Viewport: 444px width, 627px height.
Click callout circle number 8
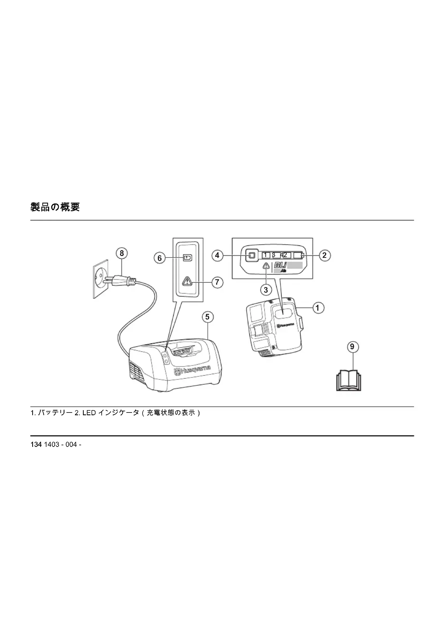tap(122, 253)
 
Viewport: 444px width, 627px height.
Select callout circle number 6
tap(160, 258)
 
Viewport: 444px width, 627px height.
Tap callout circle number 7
tap(217, 281)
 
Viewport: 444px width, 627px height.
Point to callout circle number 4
tap(217, 255)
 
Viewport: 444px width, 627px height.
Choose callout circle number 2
tap(325, 255)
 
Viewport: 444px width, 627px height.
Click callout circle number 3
tap(266, 290)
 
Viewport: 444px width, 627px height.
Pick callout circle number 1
tap(318, 308)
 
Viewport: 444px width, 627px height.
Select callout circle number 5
tap(207, 317)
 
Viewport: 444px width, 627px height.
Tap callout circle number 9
tap(352, 347)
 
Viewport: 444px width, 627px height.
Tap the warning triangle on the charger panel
tap(187, 281)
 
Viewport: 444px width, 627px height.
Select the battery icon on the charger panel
tap(188, 258)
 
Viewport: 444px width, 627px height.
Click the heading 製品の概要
tap(55, 207)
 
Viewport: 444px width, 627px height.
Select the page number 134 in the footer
tap(36, 444)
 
